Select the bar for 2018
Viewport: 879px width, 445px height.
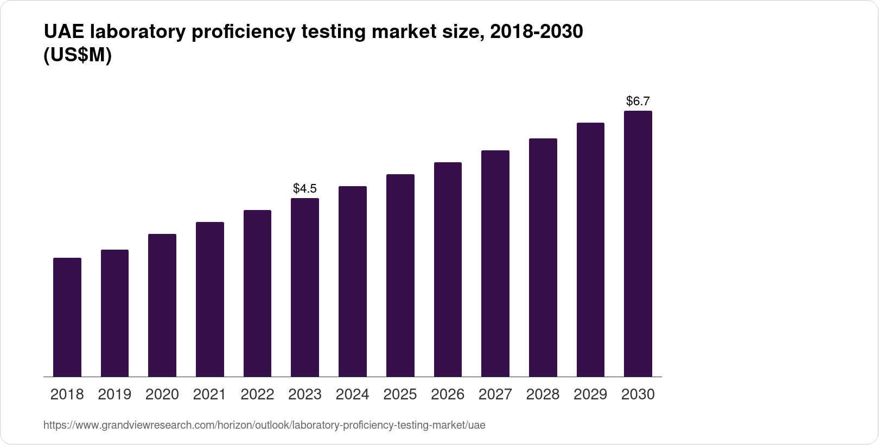point(67,317)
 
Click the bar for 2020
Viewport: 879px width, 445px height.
point(162,306)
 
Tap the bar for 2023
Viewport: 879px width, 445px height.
point(305,288)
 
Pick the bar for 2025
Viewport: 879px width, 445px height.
point(400,276)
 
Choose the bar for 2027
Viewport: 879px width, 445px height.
point(495,264)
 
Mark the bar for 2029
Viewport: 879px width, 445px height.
point(590,250)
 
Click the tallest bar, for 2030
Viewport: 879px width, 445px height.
point(638,244)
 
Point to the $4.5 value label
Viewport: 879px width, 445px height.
point(305,188)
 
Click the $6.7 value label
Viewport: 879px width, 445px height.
point(638,101)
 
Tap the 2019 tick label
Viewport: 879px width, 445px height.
point(114,395)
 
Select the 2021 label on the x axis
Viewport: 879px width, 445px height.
point(209,395)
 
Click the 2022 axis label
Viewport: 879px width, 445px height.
point(257,395)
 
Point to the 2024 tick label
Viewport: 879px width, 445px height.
point(353,395)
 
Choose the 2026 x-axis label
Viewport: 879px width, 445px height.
point(448,395)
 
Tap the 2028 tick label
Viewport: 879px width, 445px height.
point(543,395)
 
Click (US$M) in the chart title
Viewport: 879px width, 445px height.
point(78,55)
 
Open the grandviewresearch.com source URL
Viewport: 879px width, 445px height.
point(264,425)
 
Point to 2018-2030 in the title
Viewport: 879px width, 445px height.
point(536,32)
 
